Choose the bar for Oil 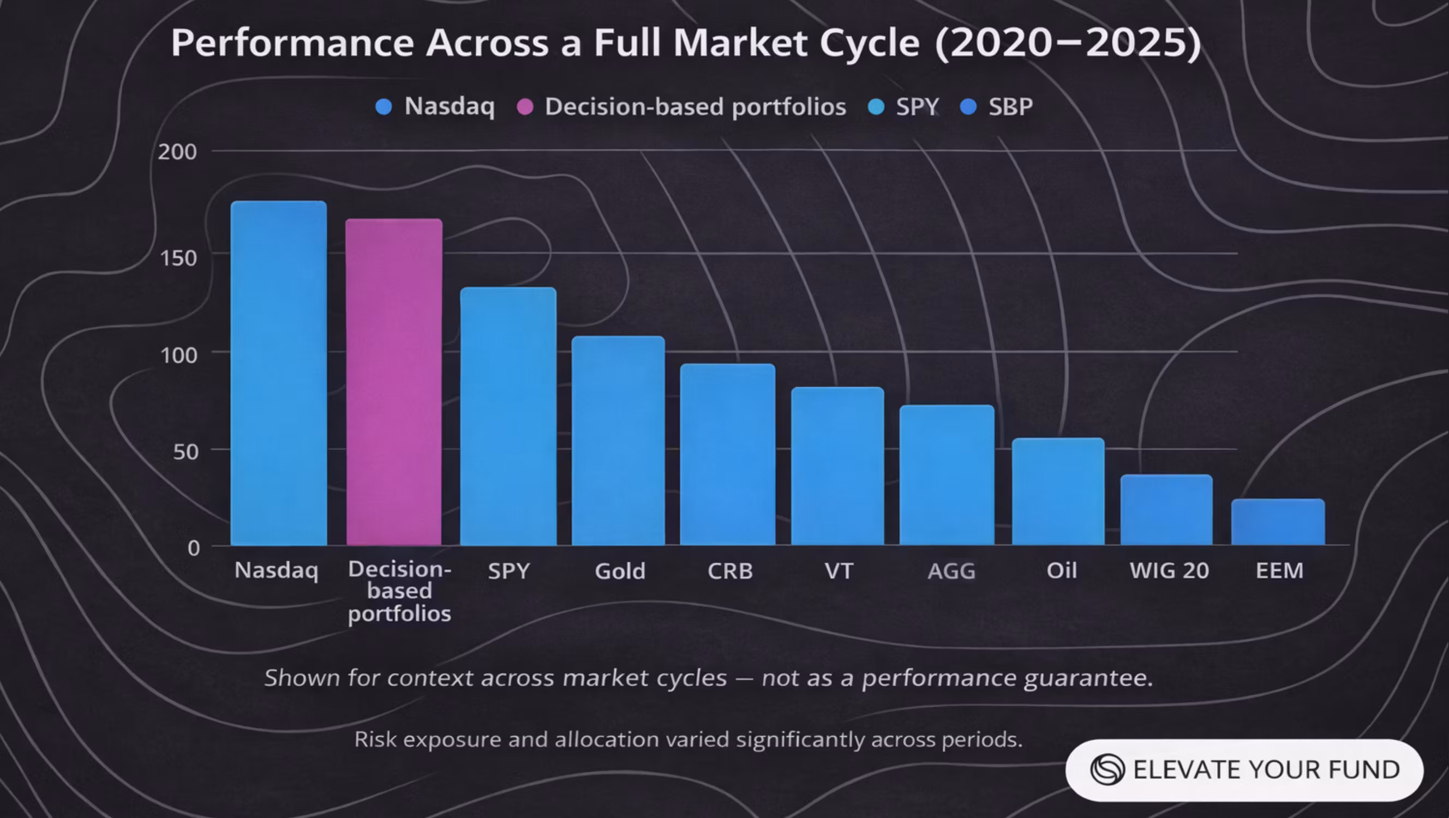[x=1058, y=491]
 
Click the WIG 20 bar [x=1166, y=509]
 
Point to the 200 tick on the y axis [x=177, y=152]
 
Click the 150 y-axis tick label [x=178, y=258]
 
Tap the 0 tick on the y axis [x=194, y=548]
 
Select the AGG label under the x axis [x=951, y=571]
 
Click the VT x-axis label [x=839, y=571]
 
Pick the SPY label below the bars [x=508, y=571]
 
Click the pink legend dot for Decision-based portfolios [x=525, y=107]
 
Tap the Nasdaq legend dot [x=384, y=107]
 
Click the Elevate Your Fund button [x=1244, y=769]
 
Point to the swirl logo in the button [x=1107, y=769]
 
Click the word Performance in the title [x=292, y=43]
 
